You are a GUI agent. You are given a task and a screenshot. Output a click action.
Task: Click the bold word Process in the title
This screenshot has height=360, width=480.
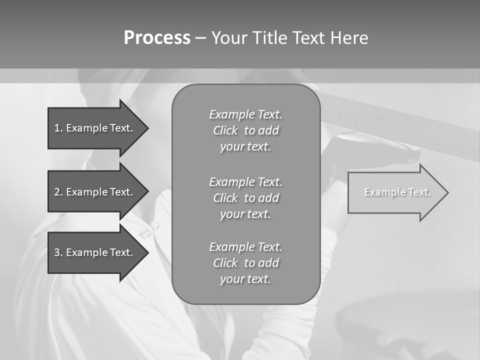[x=157, y=38]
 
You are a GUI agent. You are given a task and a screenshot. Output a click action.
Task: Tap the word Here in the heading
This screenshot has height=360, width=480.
[x=349, y=38]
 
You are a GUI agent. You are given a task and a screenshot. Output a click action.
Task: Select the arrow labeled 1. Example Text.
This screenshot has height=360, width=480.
[x=95, y=128]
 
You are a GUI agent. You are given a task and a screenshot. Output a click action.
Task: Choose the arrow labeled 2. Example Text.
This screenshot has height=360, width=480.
[x=95, y=192]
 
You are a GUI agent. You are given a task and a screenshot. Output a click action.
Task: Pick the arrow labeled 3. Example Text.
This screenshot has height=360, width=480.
[x=95, y=252]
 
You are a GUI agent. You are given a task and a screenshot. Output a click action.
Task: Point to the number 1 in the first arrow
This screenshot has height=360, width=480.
[x=57, y=128]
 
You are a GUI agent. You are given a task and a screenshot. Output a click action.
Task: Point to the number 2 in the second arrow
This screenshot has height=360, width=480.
[x=57, y=192]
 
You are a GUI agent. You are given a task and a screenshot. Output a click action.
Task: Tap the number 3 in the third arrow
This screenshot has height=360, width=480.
[x=57, y=252]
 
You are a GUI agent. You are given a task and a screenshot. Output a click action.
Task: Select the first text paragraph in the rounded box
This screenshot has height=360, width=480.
[x=245, y=130]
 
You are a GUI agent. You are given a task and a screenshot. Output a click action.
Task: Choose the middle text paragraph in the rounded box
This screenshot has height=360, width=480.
[x=245, y=197]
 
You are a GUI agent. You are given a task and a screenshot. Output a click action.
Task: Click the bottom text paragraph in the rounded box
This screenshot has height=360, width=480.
[x=245, y=263]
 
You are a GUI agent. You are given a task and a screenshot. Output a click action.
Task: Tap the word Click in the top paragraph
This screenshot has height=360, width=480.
[x=225, y=131]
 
